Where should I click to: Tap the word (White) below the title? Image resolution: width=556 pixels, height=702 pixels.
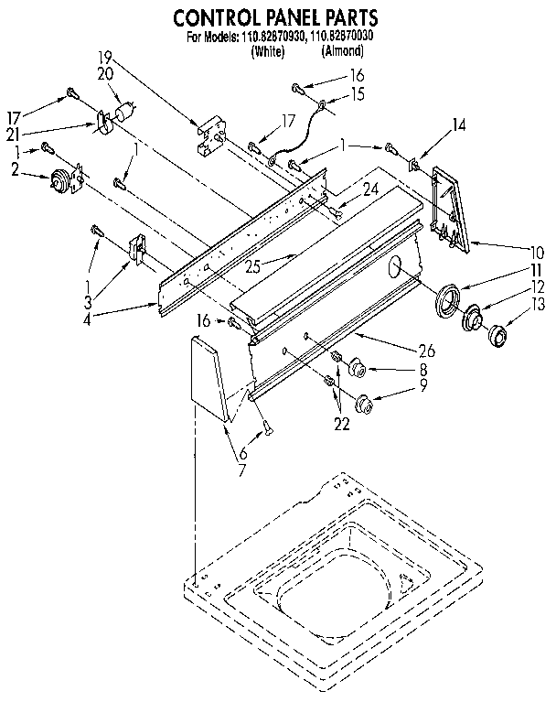coord(267,52)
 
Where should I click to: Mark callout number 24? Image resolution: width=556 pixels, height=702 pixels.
coord(344,191)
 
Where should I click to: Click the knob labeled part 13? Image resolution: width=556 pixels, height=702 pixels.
coord(499,335)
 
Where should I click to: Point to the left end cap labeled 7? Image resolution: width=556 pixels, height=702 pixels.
coord(208,375)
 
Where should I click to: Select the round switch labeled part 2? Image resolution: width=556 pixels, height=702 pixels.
coord(61,182)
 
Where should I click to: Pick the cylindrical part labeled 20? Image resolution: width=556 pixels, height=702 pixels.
coord(126,113)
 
